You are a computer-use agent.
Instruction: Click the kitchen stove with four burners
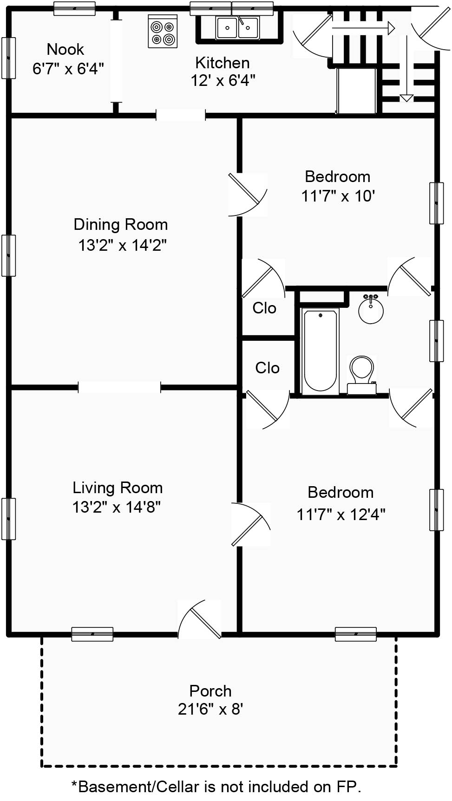[x=163, y=31]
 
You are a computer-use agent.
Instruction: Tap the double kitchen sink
[x=237, y=27]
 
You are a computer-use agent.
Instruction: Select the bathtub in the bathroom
[x=320, y=351]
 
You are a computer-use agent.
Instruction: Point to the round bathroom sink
[x=371, y=309]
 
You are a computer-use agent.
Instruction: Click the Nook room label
[x=66, y=49]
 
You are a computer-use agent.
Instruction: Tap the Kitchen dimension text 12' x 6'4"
[x=223, y=81]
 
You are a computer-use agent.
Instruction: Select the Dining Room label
[x=120, y=225]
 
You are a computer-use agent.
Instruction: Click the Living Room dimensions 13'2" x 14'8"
[x=117, y=507]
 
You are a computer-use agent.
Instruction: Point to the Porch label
[x=210, y=691]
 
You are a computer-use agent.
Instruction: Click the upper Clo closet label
[x=264, y=308]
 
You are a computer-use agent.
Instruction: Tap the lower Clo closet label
[x=267, y=368]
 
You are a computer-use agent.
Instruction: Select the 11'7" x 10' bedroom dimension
[x=338, y=196]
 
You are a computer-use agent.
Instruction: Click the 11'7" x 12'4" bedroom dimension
[x=341, y=514]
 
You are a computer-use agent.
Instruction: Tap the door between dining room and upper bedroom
[x=248, y=195]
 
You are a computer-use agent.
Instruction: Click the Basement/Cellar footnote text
[x=216, y=787]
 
